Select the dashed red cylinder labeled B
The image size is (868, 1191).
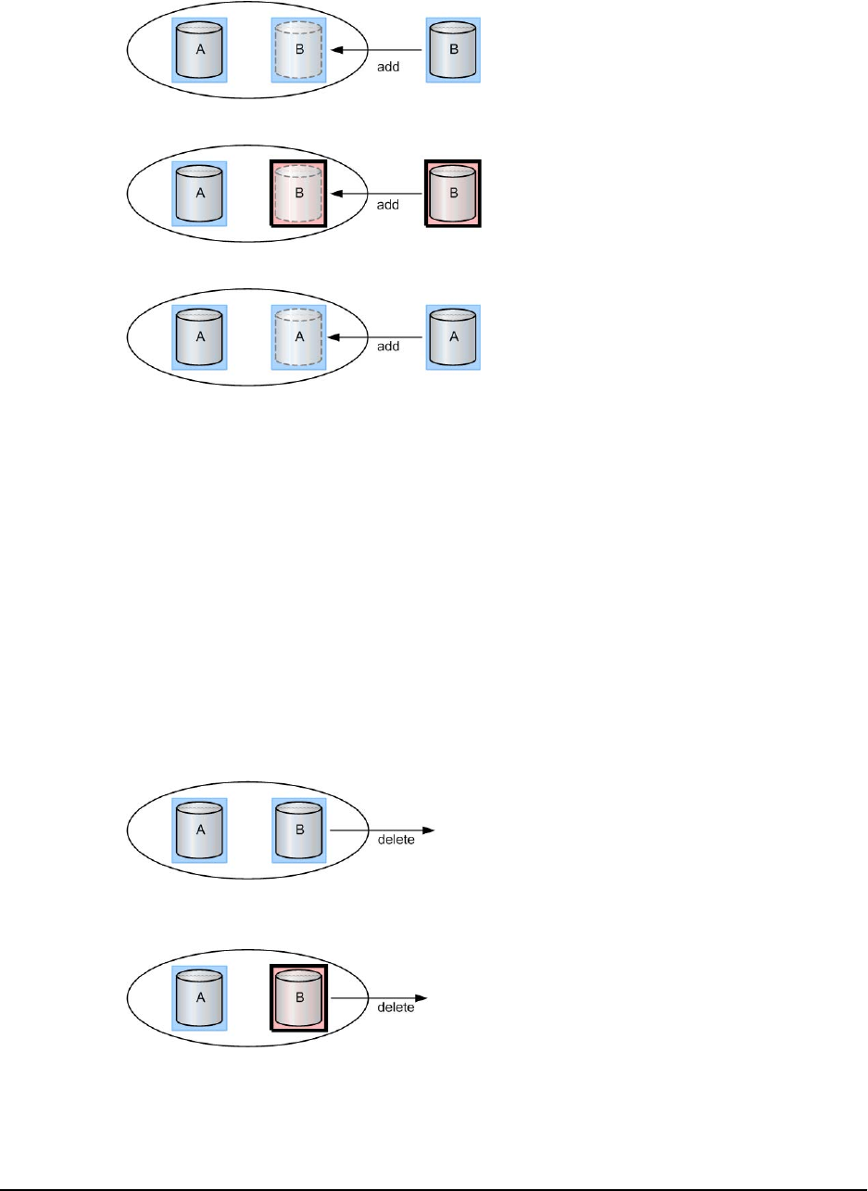[x=298, y=194]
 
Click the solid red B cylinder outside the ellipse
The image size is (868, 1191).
[x=453, y=194]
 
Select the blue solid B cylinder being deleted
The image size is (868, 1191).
[x=298, y=829]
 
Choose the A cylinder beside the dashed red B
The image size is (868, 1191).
[x=199, y=194]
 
